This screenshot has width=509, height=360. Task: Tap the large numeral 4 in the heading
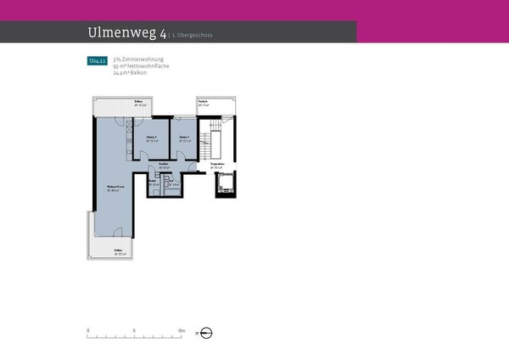(x=161, y=32)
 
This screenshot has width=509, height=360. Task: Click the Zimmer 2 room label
(x=151, y=138)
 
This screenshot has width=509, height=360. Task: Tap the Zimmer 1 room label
(x=185, y=138)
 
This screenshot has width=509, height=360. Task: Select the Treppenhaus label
(x=217, y=166)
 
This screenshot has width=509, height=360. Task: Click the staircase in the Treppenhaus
(x=210, y=140)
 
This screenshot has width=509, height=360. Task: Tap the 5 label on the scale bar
(x=135, y=329)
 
